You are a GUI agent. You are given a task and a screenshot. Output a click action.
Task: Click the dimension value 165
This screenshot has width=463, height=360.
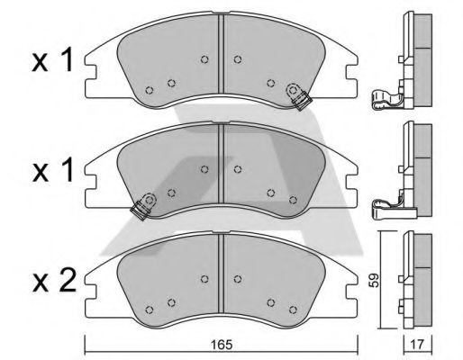tap(222, 345)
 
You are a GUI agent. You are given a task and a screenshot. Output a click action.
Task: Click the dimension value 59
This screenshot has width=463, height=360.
tap(374, 280)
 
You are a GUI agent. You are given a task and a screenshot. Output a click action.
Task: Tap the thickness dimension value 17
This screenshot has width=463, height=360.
tap(417, 345)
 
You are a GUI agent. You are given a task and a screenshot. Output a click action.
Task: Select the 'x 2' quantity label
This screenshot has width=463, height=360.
tap(54, 282)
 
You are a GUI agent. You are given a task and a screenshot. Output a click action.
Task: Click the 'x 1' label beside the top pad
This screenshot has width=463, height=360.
tap(52, 61)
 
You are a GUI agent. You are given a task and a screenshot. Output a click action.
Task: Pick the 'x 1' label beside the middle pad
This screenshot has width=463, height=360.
tap(52, 171)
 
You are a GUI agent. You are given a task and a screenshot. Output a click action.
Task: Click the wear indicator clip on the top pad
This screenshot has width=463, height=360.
tap(297, 96)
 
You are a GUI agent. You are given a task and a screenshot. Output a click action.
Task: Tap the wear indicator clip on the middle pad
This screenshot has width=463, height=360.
tap(143, 206)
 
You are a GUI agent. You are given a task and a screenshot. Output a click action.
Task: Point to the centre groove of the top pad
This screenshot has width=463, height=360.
tap(222, 53)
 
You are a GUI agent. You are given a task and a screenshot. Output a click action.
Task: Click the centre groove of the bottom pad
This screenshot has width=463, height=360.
tap(222, 273)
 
